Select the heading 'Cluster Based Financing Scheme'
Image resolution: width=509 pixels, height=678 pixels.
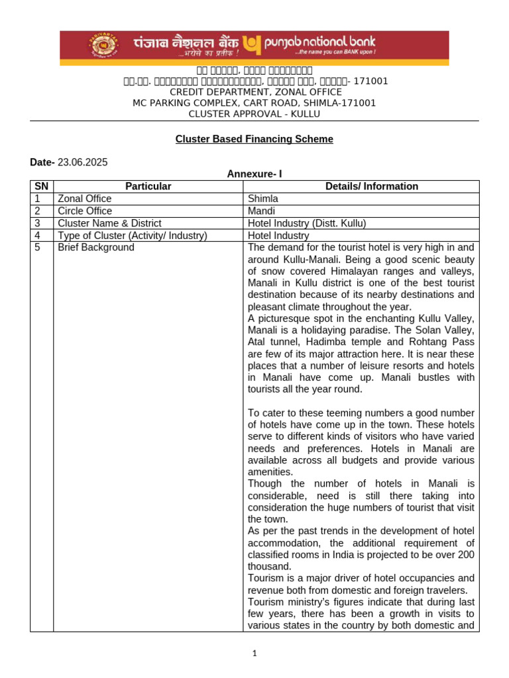(x=254, y=139)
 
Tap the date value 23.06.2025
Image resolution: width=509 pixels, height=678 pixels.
(x=83, y=162)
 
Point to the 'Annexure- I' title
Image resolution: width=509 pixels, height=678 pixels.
(x=254, y=174)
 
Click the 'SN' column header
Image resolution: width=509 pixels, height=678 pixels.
(x=42, y=187)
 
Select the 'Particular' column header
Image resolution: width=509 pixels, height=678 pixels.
(x=148, y=187)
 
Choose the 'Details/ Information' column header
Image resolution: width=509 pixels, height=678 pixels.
(x=362, y=187)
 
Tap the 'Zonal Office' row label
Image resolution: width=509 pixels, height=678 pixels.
(x=85, y=199)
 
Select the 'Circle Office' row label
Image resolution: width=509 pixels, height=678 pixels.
(x=85, y=211)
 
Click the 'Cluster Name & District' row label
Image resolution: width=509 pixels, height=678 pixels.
(x=109, y=223)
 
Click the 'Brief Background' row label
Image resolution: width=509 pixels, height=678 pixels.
(x=96, y=248)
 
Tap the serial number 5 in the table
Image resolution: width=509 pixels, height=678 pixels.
(x=38, y=248)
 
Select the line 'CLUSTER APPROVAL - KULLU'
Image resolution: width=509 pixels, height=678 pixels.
(x=254, y=114)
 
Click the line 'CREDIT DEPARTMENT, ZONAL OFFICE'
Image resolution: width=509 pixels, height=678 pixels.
(x=254, y=92)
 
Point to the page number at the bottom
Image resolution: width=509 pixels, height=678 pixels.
(x=254, y=654)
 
